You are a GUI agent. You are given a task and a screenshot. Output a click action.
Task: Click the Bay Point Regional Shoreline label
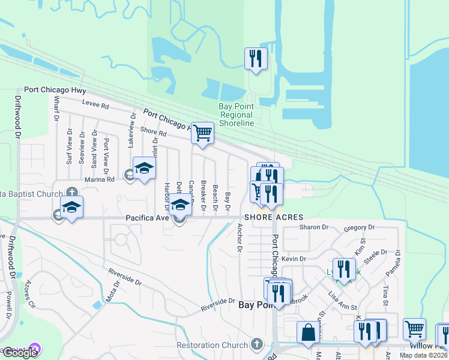pos(236,115)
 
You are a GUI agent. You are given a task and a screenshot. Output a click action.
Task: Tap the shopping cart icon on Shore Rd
pos(202,133)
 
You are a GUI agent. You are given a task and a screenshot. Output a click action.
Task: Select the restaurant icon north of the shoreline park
pos(256,59)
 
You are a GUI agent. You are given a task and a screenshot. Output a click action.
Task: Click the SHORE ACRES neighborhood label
pos(273,217)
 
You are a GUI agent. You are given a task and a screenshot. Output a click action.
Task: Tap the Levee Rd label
pos(96,106)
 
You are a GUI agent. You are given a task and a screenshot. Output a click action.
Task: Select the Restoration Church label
pos(212,345)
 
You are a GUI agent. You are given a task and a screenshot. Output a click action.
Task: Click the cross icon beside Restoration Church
pos(257,344)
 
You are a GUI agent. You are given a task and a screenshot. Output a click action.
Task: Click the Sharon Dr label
pos(314,227)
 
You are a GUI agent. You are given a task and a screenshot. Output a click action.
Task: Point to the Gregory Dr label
pos(360,227)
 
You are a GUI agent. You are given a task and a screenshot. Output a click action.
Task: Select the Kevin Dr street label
pos(294,259)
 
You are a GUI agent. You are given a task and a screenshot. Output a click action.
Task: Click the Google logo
pos(20,353)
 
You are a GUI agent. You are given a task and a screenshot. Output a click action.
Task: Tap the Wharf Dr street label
pos(56,110)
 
